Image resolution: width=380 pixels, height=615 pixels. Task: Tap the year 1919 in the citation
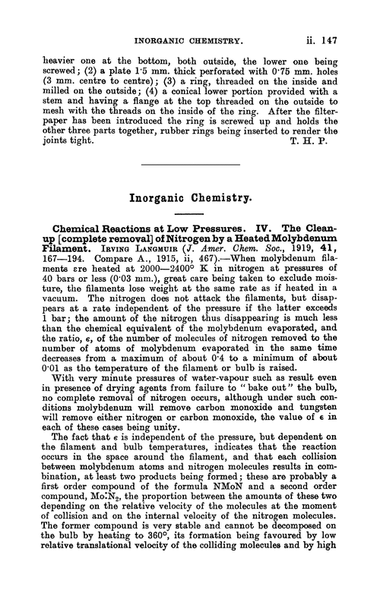(294, 254)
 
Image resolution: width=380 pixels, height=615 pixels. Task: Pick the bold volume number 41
(326, 254)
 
